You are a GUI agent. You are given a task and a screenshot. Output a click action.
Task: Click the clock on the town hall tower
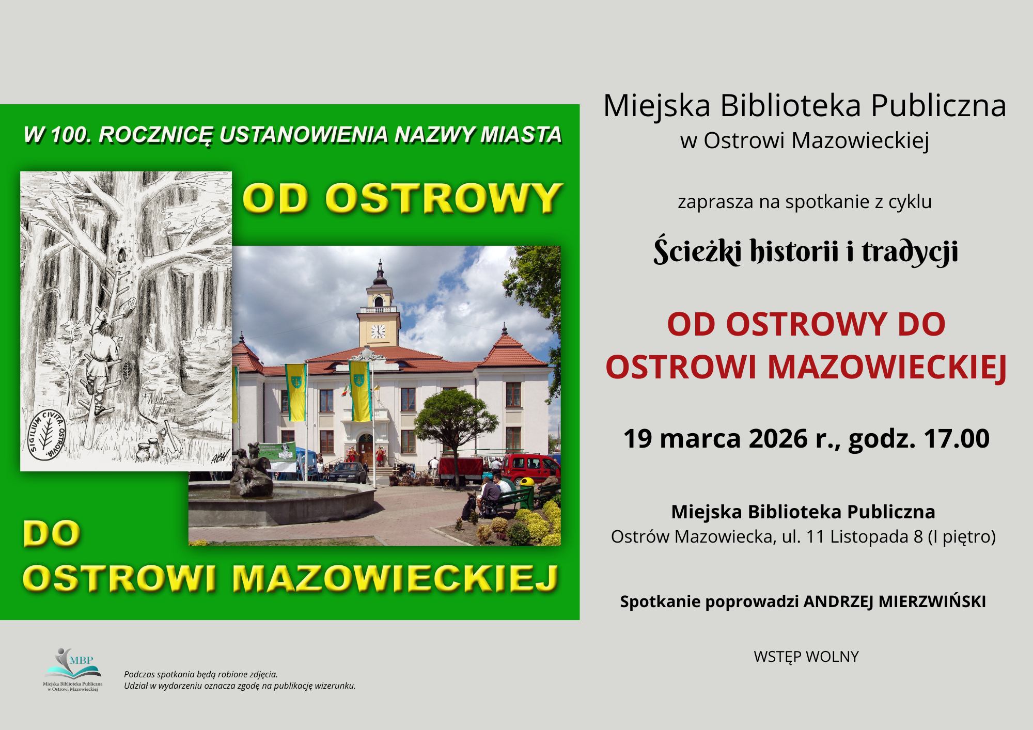click(378, 331)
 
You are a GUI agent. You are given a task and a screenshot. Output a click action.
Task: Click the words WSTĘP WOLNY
click(806, 657)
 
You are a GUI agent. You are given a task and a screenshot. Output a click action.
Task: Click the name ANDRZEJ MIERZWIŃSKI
click(894, 602)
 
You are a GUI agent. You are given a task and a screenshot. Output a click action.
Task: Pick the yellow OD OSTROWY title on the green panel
click(400, 198)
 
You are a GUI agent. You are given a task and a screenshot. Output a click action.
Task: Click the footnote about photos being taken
click(200, 674)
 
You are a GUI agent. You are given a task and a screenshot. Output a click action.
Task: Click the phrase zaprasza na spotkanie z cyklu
click(805, 202)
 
